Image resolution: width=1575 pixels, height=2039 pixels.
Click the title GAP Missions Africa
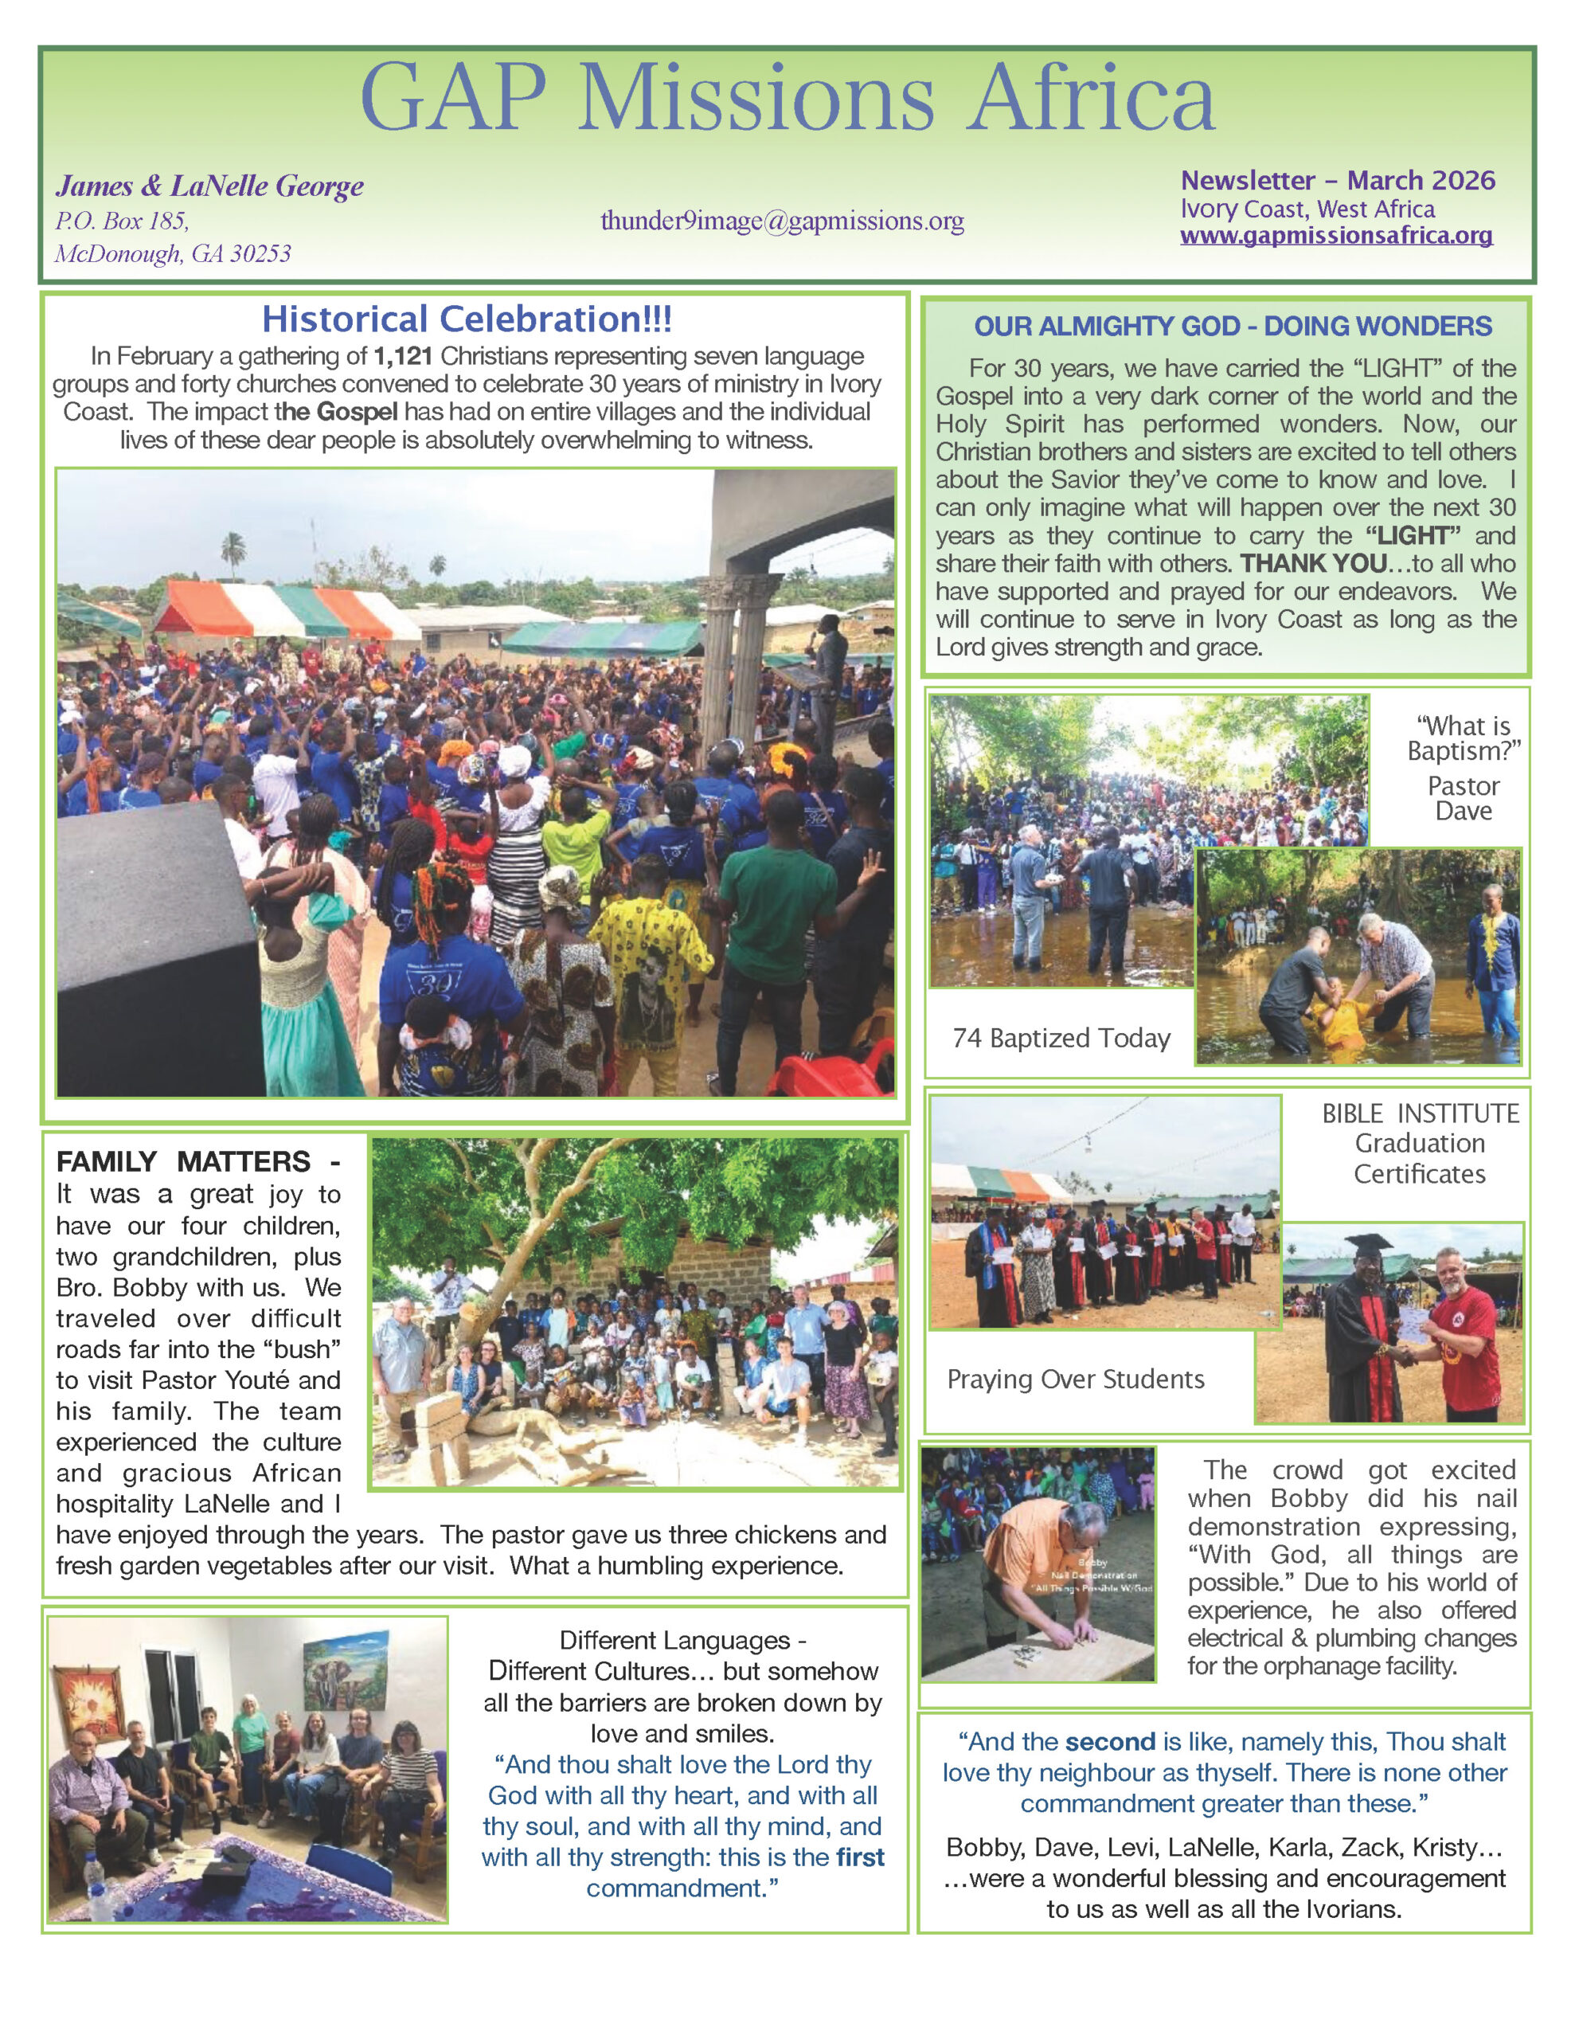[x=787, y=98]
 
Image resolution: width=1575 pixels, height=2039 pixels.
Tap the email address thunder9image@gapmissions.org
[x=781, y=221]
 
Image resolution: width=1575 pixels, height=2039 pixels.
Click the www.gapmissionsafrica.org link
[x=1336, y=237]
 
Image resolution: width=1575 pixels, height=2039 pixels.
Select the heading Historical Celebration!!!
[x=466, y=319]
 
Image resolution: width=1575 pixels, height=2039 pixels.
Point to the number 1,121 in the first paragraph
[x=402, y=357]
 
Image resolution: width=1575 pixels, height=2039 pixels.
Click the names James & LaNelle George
[x=209, y=186]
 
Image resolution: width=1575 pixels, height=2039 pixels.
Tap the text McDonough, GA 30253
[x=173, y=254]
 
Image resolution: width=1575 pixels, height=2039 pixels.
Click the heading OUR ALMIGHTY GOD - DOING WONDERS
[x=1233, y=326]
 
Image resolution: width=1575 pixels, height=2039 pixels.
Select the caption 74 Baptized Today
[x=1061, y=1038]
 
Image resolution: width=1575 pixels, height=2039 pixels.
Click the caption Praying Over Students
[x=1076, y=1379]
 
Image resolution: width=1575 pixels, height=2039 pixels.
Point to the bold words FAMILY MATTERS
[x=183, y=1161]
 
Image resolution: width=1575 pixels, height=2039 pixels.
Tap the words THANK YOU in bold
[x=1313, y=564]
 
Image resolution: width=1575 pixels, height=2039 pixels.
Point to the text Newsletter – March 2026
[x=1337, y=180]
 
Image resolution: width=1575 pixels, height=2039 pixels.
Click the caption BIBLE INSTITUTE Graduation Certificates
[x=1419, y=1143]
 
